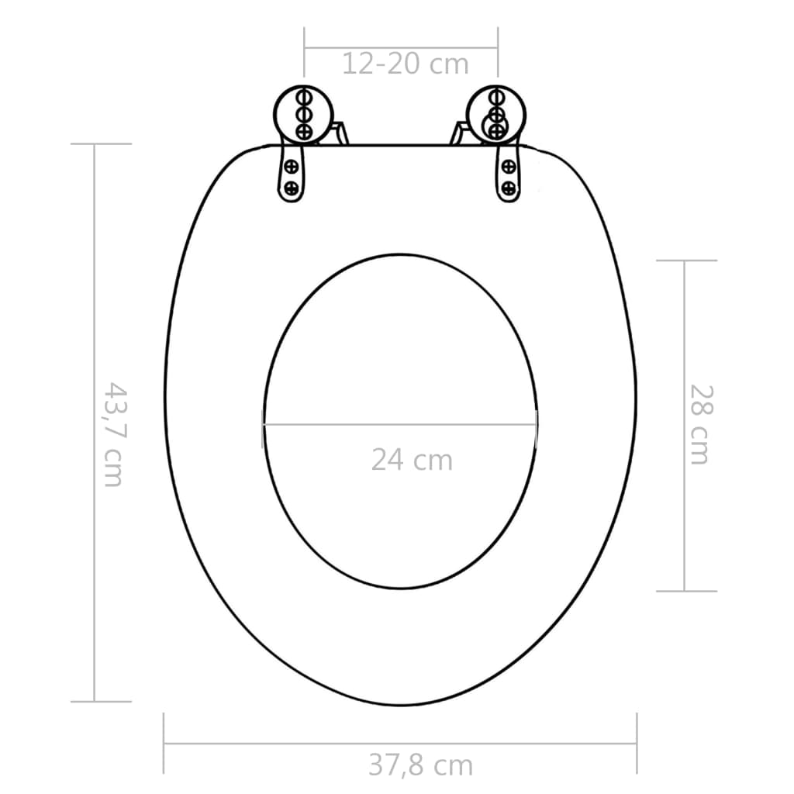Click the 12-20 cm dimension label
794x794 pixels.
click(406, 64)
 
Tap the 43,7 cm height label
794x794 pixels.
click(113, 434)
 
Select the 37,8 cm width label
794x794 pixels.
click(420, 765)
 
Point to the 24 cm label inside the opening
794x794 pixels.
click(411, 460)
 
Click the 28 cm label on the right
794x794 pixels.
click(699, 424)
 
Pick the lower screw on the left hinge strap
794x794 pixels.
click(292, 187)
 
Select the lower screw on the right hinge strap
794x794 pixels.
click(509, 187)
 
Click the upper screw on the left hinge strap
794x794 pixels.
click(292, 165)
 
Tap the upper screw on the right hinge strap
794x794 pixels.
click(509, 165)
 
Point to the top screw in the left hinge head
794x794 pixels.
click(304, 98)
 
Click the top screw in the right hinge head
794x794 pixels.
click(495, 98)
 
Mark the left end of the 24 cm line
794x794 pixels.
click(263, 424)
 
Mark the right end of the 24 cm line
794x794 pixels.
click(537, 424)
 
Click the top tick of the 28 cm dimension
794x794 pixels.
click(685, 261)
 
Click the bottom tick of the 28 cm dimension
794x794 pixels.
click(685, 591)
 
